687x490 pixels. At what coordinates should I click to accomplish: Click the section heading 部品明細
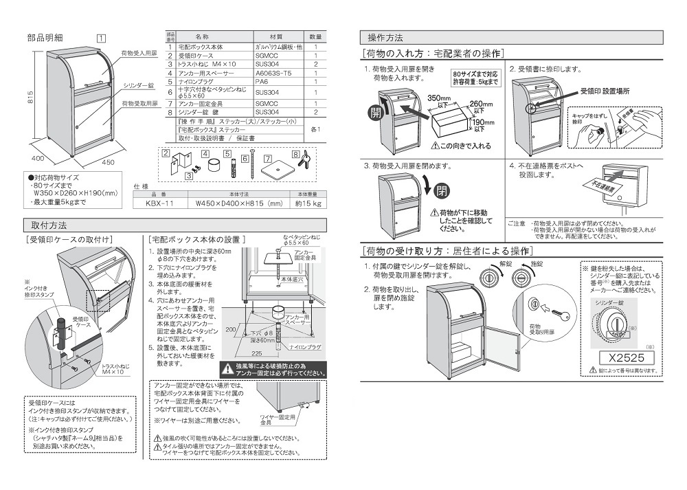(45, 38)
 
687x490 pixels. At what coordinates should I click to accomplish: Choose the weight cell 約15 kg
(308, 203)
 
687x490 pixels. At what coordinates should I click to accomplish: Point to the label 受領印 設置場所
(605, 91)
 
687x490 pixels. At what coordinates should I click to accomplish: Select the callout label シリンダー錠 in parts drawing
(138, 86)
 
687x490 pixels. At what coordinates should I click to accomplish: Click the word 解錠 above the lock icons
(506, 264)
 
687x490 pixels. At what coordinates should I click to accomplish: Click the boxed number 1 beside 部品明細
(100, 38)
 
